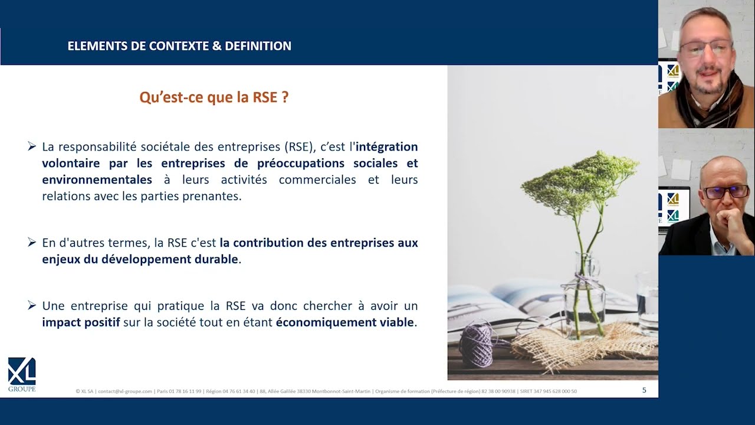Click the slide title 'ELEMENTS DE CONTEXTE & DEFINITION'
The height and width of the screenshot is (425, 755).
179,46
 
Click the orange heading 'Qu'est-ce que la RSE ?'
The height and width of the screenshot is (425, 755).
214,97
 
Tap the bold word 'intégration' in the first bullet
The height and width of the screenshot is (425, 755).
386,147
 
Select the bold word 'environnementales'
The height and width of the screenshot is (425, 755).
97,179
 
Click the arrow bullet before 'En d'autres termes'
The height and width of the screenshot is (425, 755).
32,242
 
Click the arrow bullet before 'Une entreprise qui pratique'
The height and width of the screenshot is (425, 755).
32,305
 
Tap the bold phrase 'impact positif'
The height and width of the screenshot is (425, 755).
81,322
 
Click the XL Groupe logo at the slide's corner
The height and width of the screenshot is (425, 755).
22,374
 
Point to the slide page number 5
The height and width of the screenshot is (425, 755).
644,390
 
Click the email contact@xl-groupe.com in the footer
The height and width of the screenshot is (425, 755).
125,391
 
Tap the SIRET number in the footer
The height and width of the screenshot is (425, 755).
549,391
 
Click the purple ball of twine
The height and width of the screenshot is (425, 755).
478,346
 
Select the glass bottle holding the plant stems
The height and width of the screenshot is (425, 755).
584,297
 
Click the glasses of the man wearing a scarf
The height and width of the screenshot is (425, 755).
706,48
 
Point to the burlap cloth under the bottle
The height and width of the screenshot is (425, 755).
586,348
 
